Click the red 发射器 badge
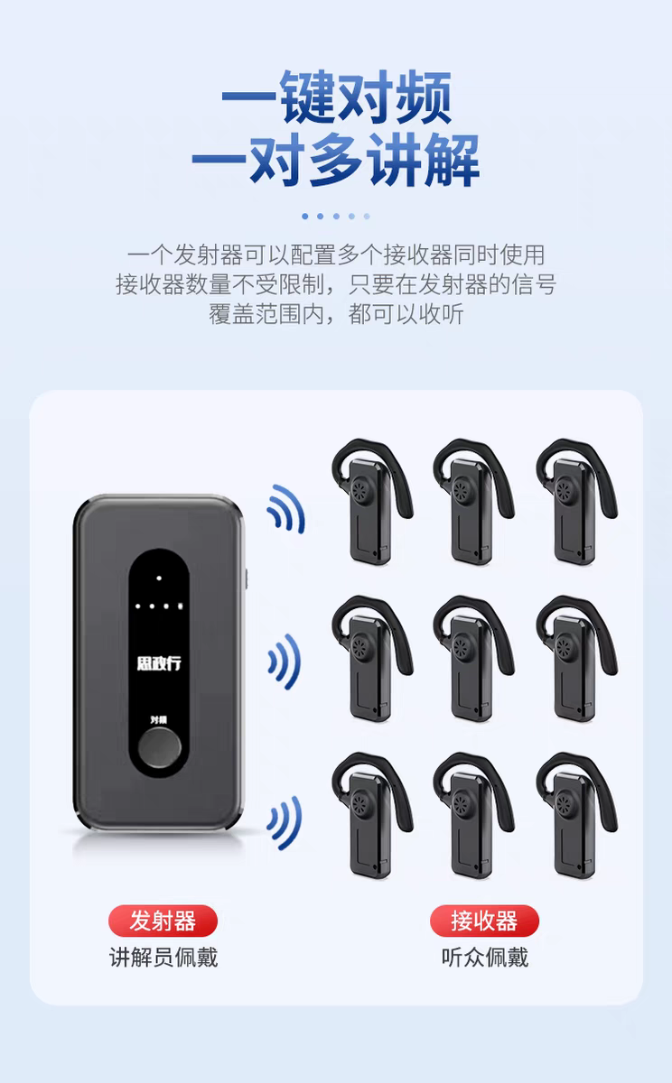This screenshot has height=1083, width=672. coord(163,921)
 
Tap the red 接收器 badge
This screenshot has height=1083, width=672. coord(484,921)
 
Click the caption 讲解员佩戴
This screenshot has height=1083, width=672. coord(163,958)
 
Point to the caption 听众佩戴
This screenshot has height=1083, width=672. coord(485,958)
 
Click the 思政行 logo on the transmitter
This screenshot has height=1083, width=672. coord(159,662)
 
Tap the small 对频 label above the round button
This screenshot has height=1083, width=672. coord(159,720)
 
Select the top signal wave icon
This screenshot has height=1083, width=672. coord(286,509)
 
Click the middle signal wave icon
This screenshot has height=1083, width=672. coord(285,662)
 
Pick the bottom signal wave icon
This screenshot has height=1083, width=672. coord(285,822)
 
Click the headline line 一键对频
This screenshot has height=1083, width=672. coord(337,97)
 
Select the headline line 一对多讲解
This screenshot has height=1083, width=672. coord(336,159)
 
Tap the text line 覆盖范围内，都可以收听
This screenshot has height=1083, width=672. coord(336,314)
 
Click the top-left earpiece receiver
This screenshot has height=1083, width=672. coord(372,502)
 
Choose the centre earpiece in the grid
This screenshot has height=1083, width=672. coord(473,659)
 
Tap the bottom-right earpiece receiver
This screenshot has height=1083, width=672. coord(576,816)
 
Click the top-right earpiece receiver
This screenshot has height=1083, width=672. coord(576,502)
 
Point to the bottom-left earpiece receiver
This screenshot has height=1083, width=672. coord(372,816)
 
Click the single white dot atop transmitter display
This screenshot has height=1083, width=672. coord(159,579)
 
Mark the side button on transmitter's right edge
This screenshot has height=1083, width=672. coord(246,579)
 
